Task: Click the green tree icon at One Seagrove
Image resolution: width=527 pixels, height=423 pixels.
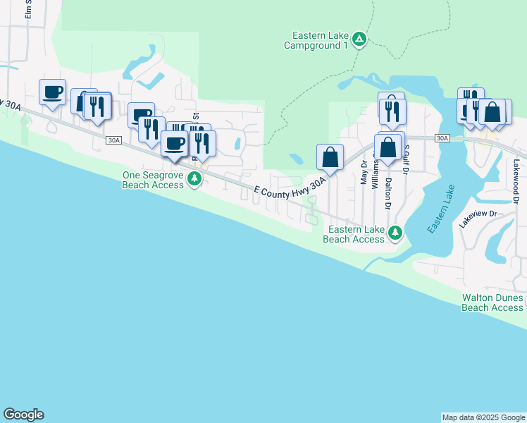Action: pyautogui.click(x=194, y=180)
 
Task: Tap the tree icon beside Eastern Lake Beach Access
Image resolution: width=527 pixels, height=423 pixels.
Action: pyautogui.click(x=396, y=232)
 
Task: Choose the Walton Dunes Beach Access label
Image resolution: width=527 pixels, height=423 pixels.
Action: pyautogui.click(x=492, y=302)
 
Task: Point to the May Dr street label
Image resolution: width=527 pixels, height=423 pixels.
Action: pyautogui.click(x=364, y=171)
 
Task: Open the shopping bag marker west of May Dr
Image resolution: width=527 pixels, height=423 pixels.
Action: pyautogui.click(x=330, y=157)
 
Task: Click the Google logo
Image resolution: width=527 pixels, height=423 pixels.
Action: pyautogui.click(x=23, y=415)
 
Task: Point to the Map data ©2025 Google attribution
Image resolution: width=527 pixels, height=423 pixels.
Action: pyautogui.click(x=483, y=417)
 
